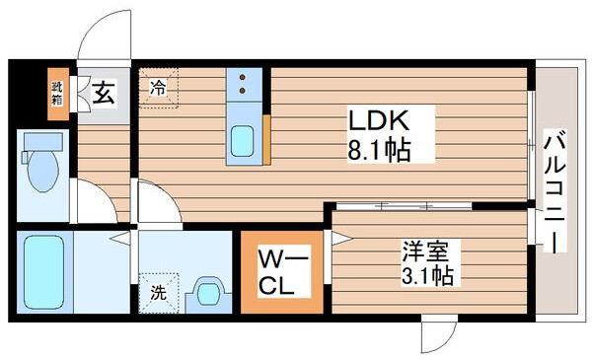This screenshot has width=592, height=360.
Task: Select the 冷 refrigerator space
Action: click(159, 87)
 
